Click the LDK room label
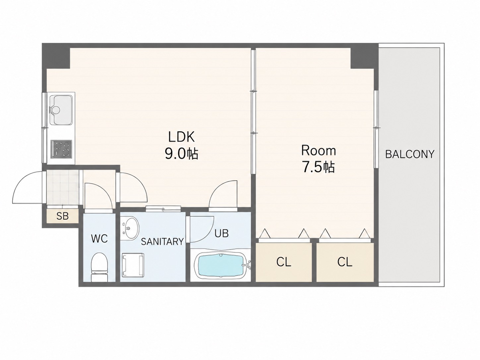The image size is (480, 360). point(181,137)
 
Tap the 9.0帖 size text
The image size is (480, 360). point(181,154)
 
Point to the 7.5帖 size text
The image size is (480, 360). point(318,167)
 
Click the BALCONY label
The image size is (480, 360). point(410,154)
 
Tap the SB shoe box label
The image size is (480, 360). point(63,216)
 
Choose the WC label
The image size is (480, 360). point(99,238)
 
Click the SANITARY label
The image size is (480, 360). point(162,242)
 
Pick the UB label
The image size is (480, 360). point(221,233)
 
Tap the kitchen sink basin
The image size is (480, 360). point(61,110)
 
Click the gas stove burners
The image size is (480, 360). point(61,149)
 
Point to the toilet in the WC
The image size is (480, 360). point(99,267)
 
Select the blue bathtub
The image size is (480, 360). point(221,267)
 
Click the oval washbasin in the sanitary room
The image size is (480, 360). point(130,228)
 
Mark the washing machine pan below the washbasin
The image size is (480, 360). point(133,265)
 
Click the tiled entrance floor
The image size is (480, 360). point(63,187)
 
